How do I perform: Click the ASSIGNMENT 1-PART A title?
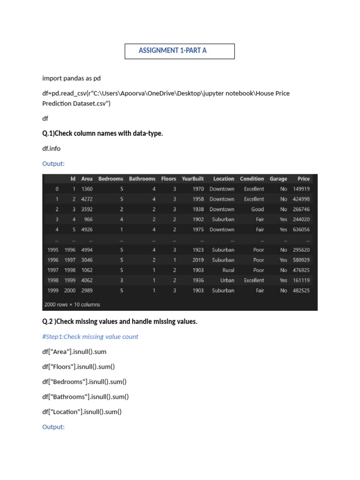pos(172,51)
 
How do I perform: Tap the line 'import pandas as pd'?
pos(71,78)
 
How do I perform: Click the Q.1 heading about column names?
pos(103,134)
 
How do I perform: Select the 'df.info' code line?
pos(51,149)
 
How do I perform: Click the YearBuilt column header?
pos(193,179)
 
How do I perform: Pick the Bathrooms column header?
pos(142,179)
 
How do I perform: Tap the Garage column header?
pos(278,179)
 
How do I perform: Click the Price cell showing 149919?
pos(301,189)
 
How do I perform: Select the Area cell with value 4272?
pos(87,199)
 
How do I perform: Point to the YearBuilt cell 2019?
pos(198,260)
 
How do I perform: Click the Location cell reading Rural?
pos(228,270)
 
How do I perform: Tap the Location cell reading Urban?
pos(227,280)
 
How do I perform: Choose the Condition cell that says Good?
pos(257,210)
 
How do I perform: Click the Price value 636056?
pos(301,230)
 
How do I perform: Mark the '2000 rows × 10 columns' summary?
pos(72,304)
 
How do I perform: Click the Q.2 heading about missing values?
pos(120,322)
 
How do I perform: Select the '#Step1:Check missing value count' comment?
pos(90,337)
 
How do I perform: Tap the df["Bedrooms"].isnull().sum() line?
pos(84,382)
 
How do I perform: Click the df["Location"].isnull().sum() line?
pos(82,412)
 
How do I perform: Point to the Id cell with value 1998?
pos(70,270)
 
